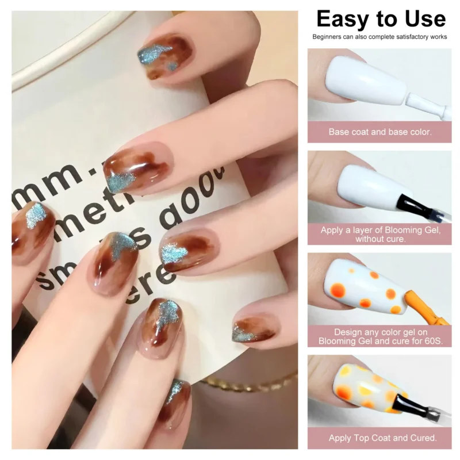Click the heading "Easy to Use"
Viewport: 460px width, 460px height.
381,19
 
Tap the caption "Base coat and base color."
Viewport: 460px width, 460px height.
379,132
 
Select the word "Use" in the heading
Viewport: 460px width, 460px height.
424,19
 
